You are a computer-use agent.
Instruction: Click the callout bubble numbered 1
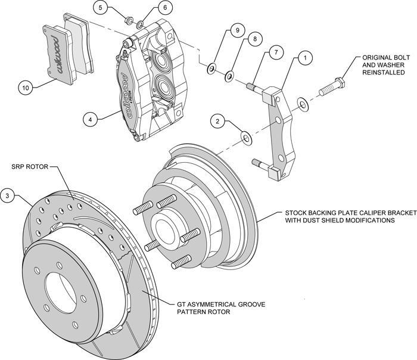pyautogui.click(x=304, y=58)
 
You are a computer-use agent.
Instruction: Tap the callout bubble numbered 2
pyautogui.click(x=219, y=122)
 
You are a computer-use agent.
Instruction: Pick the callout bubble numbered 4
pyautogui.click(x=91, y=120)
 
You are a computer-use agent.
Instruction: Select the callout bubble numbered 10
pyautogui.click(x=25, y=88)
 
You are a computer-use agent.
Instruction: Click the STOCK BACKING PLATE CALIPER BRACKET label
pyautogui.click(x=340, y=216)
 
